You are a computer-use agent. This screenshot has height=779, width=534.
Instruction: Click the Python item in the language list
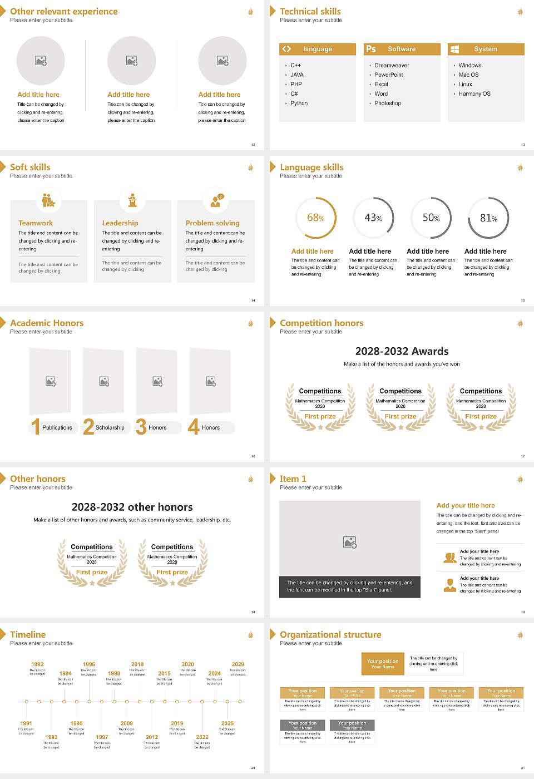click(299, 103)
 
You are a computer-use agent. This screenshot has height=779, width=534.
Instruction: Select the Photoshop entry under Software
click(388, 103)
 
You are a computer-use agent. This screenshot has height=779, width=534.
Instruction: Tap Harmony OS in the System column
click(474, 93)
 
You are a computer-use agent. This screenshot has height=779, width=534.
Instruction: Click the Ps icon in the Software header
click(371, 49)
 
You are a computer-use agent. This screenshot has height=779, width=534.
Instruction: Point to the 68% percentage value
click(315, 218)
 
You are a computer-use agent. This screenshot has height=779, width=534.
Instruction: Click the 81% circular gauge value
click(488, 218)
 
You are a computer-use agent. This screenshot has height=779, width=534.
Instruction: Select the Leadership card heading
click(120, 223)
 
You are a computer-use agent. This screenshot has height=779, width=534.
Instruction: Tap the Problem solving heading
click(212, 223)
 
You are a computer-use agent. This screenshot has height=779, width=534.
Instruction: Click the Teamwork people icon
click(48, 200)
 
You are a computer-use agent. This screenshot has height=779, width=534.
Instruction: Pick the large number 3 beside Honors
click(141, 427)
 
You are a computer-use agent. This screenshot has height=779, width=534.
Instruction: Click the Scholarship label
click(110, 427)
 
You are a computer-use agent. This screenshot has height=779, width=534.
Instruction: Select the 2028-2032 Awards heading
click(402, 351)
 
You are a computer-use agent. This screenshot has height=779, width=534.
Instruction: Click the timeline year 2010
click(137, 664)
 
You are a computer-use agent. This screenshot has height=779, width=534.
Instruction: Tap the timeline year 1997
click(102, 737)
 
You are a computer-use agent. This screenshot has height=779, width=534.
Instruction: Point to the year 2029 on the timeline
click(238, 664)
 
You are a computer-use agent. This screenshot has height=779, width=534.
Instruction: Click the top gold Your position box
click(383, 664)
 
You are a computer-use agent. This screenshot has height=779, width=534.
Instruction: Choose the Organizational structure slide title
click(330, 634)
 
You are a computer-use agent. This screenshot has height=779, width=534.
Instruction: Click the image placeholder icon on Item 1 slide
click(350, 541)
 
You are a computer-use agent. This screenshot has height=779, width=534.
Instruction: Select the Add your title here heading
click(466, 505)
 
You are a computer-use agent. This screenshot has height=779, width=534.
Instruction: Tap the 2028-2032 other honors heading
click(132, 507)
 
